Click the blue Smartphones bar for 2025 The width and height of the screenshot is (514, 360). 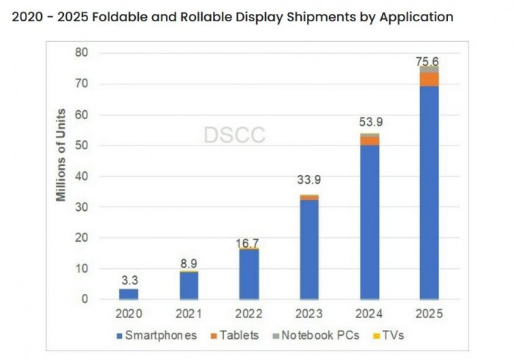tap(430, 191)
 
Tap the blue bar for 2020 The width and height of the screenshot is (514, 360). tap(128, 294)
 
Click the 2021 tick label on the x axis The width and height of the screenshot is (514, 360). tap(189, 314)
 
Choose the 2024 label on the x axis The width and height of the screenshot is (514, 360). tap(369, 314)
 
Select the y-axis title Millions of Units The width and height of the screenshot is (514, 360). tap(62, 154)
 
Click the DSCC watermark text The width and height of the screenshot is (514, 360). tap(234, 134)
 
